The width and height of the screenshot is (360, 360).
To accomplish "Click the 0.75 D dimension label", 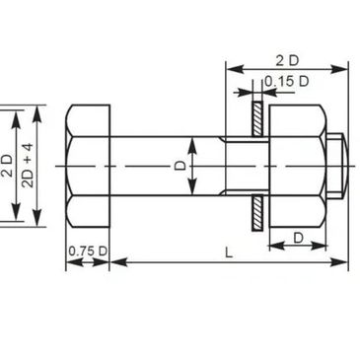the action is click(88, 252).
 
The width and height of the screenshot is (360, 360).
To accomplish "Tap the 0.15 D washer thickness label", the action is click(287, 81).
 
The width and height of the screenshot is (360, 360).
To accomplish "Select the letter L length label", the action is click(229, 252).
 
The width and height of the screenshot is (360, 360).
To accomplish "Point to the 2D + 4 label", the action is click(28, 166).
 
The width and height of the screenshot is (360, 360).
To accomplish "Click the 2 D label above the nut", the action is click(287, 61).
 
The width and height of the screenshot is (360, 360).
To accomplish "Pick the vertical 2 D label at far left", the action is click(8, 166).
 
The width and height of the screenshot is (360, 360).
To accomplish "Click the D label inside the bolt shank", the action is click(180, 166).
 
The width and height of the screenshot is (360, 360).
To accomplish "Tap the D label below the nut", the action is click(298, 238).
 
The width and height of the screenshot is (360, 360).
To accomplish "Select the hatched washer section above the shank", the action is click(257, 119).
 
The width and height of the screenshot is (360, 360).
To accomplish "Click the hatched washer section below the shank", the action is click(257, 213).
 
